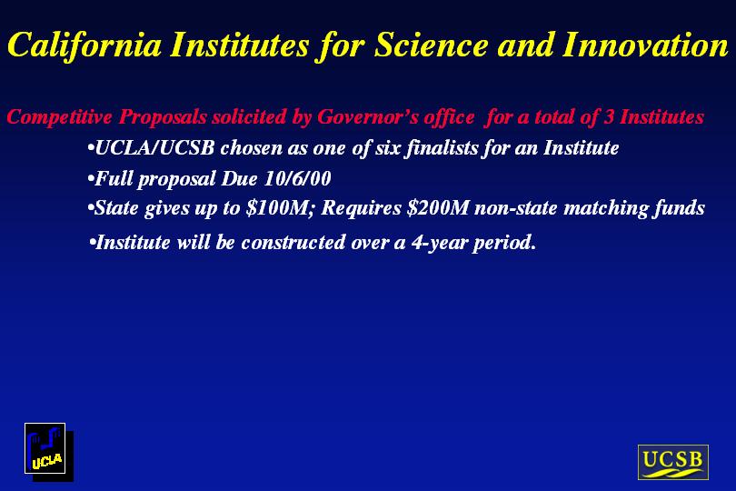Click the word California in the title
click(x=85, y=45)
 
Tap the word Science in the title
click(x=432, y=45)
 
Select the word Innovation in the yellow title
click(x=645, y=45)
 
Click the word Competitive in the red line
click(x=60, y=116)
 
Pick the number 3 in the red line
click(x=609, y=116)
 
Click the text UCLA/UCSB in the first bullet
click(x=154, y=148)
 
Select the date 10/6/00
click(x=298, y=178)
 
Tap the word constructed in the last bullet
click(x=293, y=243)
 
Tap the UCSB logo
click(x=672, y=462)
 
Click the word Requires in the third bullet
click(x=362, y=208)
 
